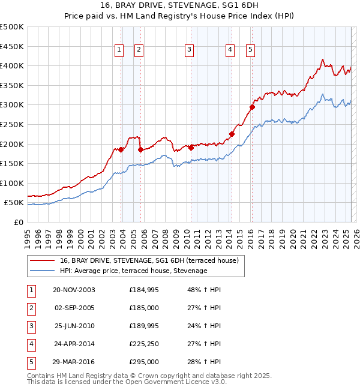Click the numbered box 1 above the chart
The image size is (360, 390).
click(119, 50)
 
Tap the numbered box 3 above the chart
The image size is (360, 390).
click(189, 50)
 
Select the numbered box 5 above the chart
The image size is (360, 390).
click(250, 50)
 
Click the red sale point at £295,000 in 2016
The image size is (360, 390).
click(253, 107)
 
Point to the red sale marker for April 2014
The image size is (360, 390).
click(232, 134)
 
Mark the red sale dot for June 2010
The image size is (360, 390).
click(191, 148)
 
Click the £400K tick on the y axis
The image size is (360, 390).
click(12, 65)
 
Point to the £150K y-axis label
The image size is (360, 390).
click(12, 163)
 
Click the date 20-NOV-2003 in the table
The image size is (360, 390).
click(74, 290)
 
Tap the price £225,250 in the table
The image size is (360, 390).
click(144, 344)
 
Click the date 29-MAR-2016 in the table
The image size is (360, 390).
click(74, 362)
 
